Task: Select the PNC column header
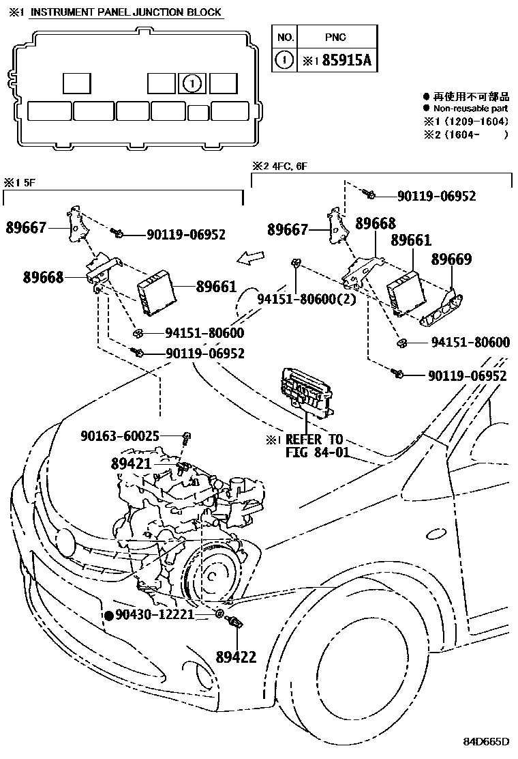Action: coord(335,38)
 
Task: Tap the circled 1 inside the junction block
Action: coord(192,83)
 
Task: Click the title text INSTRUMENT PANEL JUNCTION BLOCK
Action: coord(126,12)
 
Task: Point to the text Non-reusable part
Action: coord(470,109)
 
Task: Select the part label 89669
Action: coord(451,259)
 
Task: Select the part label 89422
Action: coord(235,657)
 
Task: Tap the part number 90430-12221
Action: coord(155,615)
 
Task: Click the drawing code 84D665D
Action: coord(487,741)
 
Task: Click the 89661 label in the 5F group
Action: coord(217,287)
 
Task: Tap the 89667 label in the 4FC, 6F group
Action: coord(288,231)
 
